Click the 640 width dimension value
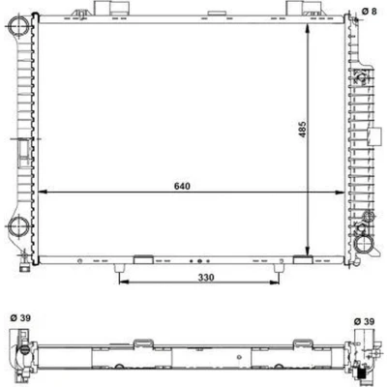click(182, 186)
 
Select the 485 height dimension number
click(303, 130)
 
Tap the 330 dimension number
click(206, 278)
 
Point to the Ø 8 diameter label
click(369, 11)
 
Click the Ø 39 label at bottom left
click(20, 318)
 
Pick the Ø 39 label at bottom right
click(365, 321)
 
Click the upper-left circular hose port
click(18, 25)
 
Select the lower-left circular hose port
click(18, 226)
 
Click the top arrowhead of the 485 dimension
click(308, 28)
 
